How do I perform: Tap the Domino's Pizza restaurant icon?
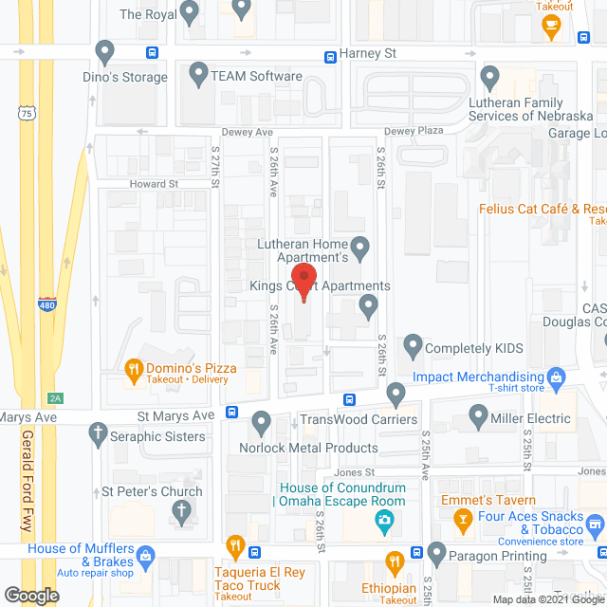click(134, 367)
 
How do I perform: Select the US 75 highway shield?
click(27, 113)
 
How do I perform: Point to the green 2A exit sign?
click(56, 397)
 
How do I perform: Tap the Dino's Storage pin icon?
click(104, 49)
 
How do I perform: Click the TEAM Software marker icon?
click(199, 73)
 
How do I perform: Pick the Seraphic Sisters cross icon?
click(96, 434)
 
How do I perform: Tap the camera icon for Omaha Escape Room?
click(385, 520)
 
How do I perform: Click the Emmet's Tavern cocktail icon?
click(462, 519)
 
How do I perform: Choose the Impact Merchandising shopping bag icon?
click(559, 377)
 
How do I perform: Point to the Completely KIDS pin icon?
click(413, 345)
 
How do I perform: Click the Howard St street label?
click(155, 184)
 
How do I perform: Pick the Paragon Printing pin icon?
click(436, 552)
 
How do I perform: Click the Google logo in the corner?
click(30, 596)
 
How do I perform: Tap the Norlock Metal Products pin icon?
click(262, 421)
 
